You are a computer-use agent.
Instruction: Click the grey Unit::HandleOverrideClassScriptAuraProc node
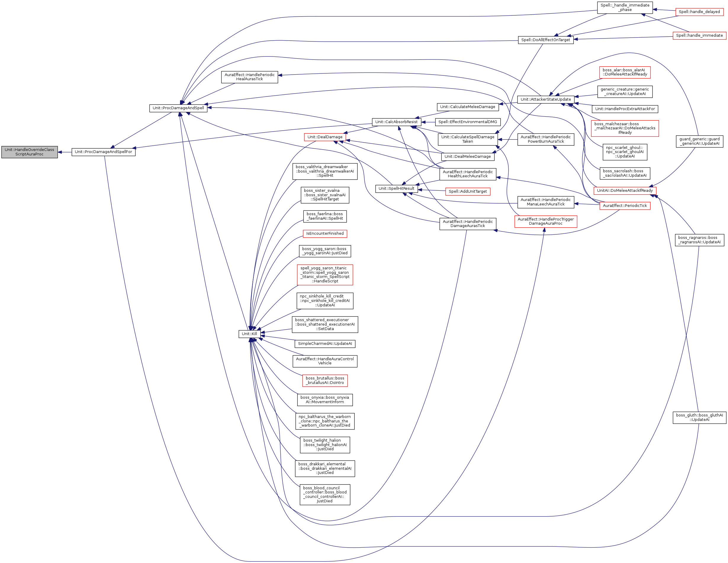29,152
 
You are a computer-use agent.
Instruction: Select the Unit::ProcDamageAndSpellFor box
103,152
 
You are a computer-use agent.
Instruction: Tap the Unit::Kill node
249,334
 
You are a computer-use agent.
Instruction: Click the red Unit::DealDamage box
325,137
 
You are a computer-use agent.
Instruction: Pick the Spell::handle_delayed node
699,12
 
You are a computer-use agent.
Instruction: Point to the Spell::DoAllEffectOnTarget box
546,40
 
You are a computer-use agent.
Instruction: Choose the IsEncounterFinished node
325,234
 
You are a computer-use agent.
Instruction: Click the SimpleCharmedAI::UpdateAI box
325,344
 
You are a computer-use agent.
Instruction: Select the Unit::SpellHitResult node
396,189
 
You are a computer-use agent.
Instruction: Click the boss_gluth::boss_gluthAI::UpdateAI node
699,417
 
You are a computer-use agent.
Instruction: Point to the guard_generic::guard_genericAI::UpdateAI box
699,141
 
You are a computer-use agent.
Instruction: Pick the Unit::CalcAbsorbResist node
396,122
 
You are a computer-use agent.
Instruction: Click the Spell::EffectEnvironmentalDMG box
468,122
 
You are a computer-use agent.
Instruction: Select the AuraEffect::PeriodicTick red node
625,206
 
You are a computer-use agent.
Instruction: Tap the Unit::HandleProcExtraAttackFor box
625,109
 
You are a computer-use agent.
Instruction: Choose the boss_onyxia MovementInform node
325,400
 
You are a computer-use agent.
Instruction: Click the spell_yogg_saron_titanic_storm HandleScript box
325,275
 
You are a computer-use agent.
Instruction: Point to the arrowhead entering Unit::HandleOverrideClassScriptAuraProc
60,152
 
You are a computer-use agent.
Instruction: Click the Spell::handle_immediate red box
699,35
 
